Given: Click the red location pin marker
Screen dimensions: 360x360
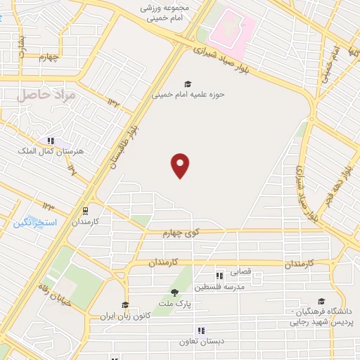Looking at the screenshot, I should click(181, 165).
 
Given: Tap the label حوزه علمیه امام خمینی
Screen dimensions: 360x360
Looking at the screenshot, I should click(188, 96).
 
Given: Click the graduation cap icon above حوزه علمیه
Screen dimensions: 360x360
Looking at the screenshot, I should click(188, 84).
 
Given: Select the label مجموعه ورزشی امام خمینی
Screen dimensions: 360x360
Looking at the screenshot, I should click(166, 13).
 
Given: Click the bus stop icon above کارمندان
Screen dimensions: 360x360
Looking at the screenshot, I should click(85, 210).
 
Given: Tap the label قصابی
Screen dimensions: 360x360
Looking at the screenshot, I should click(252, 276).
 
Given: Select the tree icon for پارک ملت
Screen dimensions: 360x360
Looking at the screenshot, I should click(174, 292).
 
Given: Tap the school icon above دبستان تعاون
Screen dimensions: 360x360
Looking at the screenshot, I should click(201, 330).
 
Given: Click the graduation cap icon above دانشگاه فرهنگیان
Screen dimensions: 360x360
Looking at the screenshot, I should click(321, 301).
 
